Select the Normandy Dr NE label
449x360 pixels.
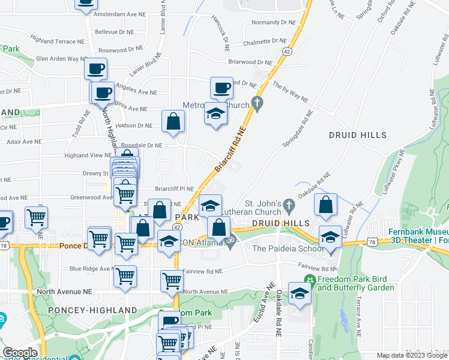tap(266, 23)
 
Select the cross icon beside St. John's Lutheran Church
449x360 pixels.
tap(288, 205)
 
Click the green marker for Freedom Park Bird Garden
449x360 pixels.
tap(309, 280)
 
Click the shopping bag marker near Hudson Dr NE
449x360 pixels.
tap(173, 121)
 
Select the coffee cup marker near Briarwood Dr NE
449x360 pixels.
tap(221, 88)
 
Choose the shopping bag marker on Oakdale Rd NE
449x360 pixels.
tap(325, 205)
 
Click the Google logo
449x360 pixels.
tap(20, 353)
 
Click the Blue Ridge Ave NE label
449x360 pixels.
tap(89, 269)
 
